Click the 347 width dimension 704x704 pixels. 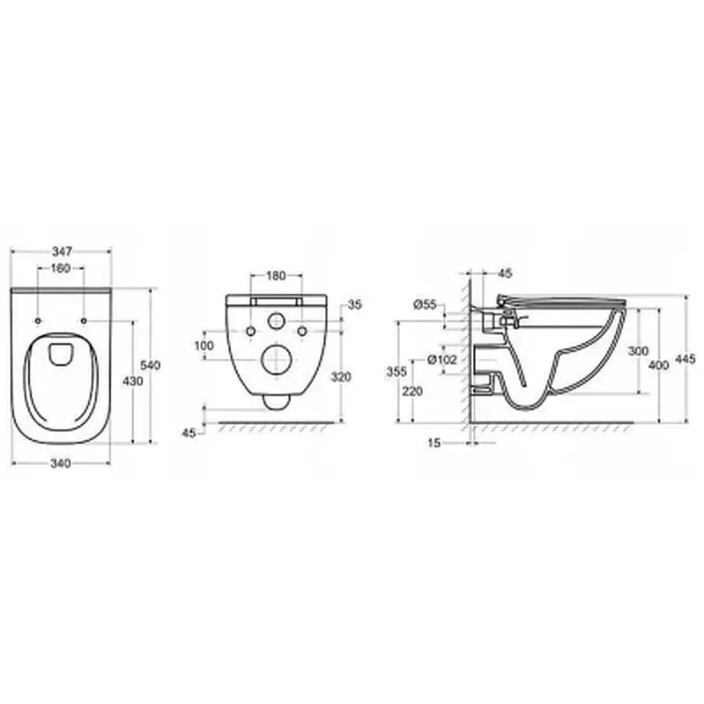click(x=62, y=251)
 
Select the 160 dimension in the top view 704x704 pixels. click(x=61, y=268)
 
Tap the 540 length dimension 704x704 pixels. click(x=150, y=365)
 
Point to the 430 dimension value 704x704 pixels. click(x=133, y=381)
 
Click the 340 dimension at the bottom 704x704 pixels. click(x=61, y=463)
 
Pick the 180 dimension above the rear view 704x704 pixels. click(x=276, y=275)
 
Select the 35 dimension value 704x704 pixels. click(x=355, y=304)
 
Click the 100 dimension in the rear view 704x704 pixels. click(x=204, y=346)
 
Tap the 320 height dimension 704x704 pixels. click(x=341, y=378)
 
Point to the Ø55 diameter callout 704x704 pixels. click(x=425, y=304)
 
